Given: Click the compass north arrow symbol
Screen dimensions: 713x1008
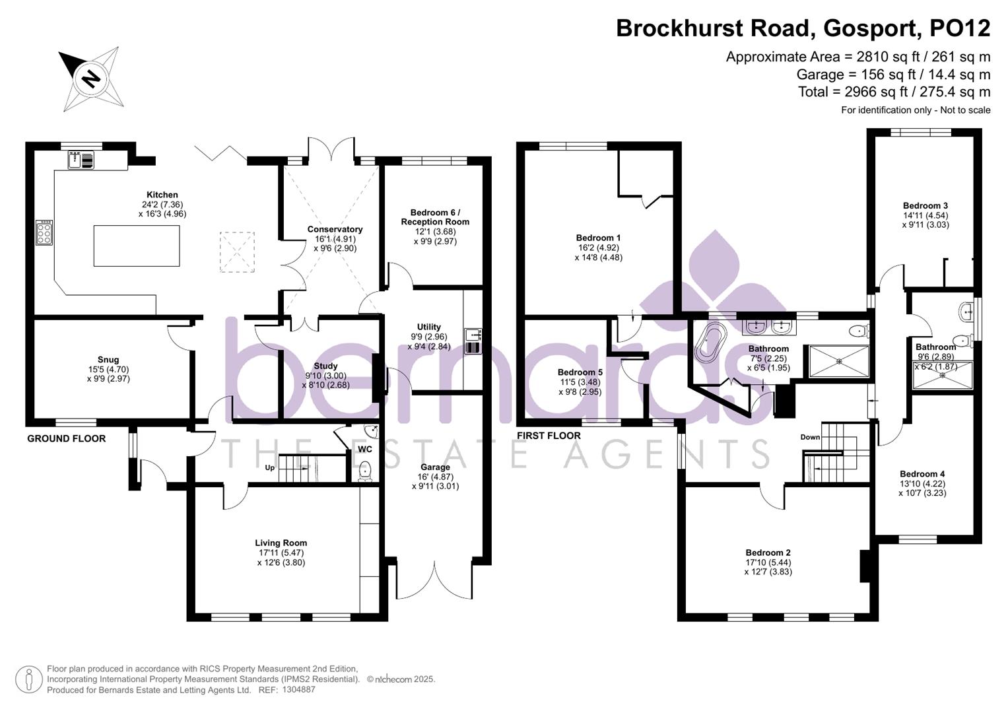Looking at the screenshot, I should click(90, 79).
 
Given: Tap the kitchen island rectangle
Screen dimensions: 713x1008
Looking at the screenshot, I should click(136, 246).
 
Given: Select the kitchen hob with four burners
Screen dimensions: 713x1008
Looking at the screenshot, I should click(44, 233).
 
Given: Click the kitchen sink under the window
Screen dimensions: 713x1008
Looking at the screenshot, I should click(81, 160).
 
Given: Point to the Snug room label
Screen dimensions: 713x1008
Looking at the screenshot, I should click(108, 360).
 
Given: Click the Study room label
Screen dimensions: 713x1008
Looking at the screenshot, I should click(325, 366).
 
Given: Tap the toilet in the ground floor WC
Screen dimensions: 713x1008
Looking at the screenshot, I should click(364, 471).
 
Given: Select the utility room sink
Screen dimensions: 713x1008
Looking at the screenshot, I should click(473, 341).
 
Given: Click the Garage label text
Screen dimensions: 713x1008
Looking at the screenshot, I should click(434, 467).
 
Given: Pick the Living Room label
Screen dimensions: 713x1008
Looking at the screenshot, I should click(281, 543).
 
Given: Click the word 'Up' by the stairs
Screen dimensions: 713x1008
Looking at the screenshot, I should click(269, 468).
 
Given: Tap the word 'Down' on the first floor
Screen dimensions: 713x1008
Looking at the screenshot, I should click(810, 437).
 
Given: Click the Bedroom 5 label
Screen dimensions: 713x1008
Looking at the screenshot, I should click(580, 372).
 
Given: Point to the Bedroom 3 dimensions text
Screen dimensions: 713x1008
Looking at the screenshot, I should click(925, 220).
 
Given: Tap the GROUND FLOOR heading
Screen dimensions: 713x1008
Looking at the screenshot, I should click(66, 438).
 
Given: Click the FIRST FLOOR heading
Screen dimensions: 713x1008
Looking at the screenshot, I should click(549, 436).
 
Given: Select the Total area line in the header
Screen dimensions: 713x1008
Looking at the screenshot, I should click(894, 92).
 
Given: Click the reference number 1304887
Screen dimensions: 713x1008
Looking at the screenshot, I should click(298, 690).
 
